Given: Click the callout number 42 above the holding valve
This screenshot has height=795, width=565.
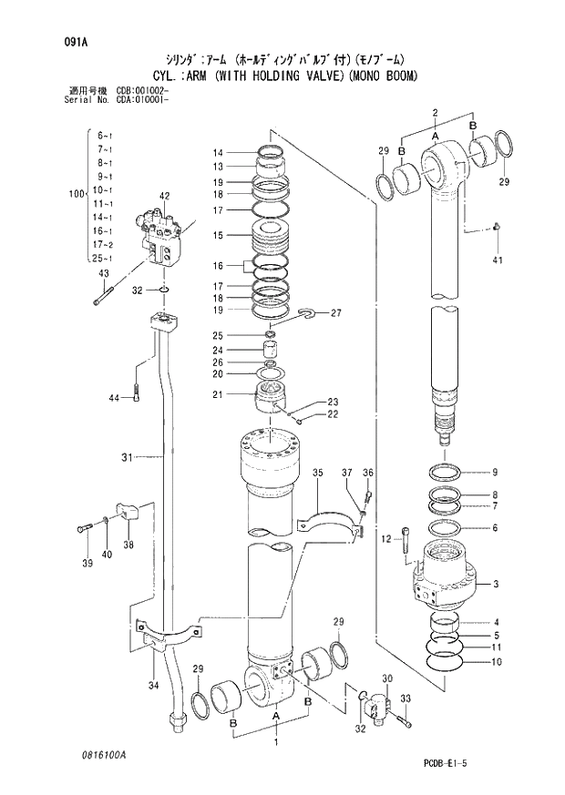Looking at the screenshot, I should pos(165,196).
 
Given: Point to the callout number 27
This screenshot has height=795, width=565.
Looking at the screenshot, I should pos(335,313).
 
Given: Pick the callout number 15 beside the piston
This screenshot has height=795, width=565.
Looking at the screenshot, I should pos(218,235).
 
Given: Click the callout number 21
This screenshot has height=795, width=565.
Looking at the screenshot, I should pos(218,394).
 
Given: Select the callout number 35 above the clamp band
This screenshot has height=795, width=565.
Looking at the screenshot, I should pos(317,473).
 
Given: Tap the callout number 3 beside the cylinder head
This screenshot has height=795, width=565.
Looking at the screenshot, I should pos(495,584).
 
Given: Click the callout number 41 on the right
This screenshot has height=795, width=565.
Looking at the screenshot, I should pos(497,260).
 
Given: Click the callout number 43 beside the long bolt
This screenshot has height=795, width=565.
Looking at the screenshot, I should pos(103,273).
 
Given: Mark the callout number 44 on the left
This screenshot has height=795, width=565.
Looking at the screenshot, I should pos(114,398).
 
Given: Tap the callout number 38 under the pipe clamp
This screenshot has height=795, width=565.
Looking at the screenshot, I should pos(127,545).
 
